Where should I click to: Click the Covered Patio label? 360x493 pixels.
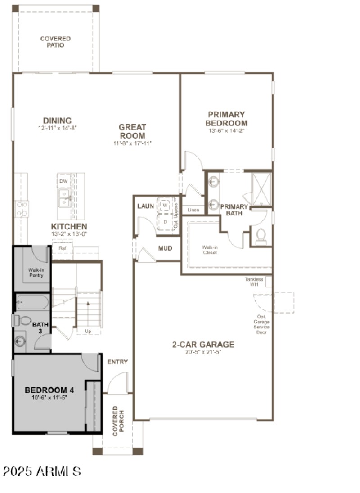pos(55,42)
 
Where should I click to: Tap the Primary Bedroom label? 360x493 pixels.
pos(226,119)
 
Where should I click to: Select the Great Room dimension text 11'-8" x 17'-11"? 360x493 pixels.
pos(132,143)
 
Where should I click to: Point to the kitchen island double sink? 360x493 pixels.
pos(64,198)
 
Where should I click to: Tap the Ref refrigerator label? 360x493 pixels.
pos(62,248)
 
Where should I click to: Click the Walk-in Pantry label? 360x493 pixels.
pos(36,272)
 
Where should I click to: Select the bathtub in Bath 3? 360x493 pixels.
pos(32,301)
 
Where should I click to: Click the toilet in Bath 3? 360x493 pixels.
pos(22,320)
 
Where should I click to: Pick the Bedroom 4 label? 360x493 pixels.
pos(49,390)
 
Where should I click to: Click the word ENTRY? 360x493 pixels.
pos(117,362)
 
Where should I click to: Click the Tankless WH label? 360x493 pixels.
pos(254,281)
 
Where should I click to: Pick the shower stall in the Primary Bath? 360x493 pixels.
pos(261,189)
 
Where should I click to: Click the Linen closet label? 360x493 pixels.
pos(193,210)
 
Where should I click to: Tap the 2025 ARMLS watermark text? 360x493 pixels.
pos(42,471)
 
